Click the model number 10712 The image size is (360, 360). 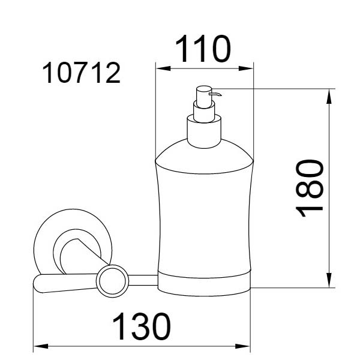(x=82, y=73)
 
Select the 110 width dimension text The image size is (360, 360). (x=203, y=49)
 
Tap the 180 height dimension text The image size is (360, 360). (x=310, y=188)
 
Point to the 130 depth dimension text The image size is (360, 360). (x=142, y=326)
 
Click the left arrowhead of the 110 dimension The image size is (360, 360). (x=163, y=68)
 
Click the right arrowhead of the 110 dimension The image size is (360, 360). (x=246, y=68)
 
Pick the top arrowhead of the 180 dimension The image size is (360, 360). (x=329, y=96)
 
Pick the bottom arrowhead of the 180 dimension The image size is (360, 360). (x=329, y=280)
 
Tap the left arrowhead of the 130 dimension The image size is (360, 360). (x=41, y=346)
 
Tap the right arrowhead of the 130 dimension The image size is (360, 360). (x=242, y=346)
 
